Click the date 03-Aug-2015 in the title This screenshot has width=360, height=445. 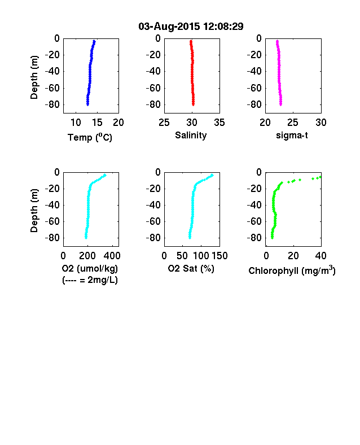pyautogui.click(x=169, y=27)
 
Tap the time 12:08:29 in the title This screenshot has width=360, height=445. pyautogui.click(x=223, y=27)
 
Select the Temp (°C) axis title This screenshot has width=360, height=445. pyautogui.click(x=90, y=137)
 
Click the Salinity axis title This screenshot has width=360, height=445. pyautogui.click(x=191, y=136)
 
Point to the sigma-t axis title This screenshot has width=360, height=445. pyautogui.click(x=292, y=136)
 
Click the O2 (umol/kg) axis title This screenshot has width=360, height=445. pyautogui.click(x=90, y=268)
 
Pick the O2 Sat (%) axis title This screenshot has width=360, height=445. pyautogui.click(x=191, y=268)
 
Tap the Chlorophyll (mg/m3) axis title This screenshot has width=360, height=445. pyautogui.click(x=292, y=271)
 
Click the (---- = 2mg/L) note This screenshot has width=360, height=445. pyautogui.click(x=90, y=280)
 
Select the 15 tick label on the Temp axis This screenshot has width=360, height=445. pyautogui.click(x=97, y=123)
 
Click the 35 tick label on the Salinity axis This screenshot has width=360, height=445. pyautogui.click(x=219, y=123)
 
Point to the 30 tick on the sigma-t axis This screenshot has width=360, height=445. pyautogui.click(x=321, y=123)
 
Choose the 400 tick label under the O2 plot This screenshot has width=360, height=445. pyautogui.click(x=112, y=256)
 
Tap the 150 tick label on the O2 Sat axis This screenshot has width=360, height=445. pyautogui.click(x=219, y=256)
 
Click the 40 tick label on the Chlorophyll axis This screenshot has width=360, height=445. pyautogui.click(x=321, y=256)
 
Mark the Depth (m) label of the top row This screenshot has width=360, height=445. pyautogui.click(x=34, y=77)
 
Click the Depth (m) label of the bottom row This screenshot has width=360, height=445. pyautogui.click(x=34, y=211)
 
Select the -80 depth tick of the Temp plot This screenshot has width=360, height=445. pyautogui.click(x=52, y=104)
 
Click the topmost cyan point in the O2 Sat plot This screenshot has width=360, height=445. pyautogui.click(x=212, y=175)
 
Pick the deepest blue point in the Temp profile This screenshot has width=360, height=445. pyautogui.click(x=87, y=104)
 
